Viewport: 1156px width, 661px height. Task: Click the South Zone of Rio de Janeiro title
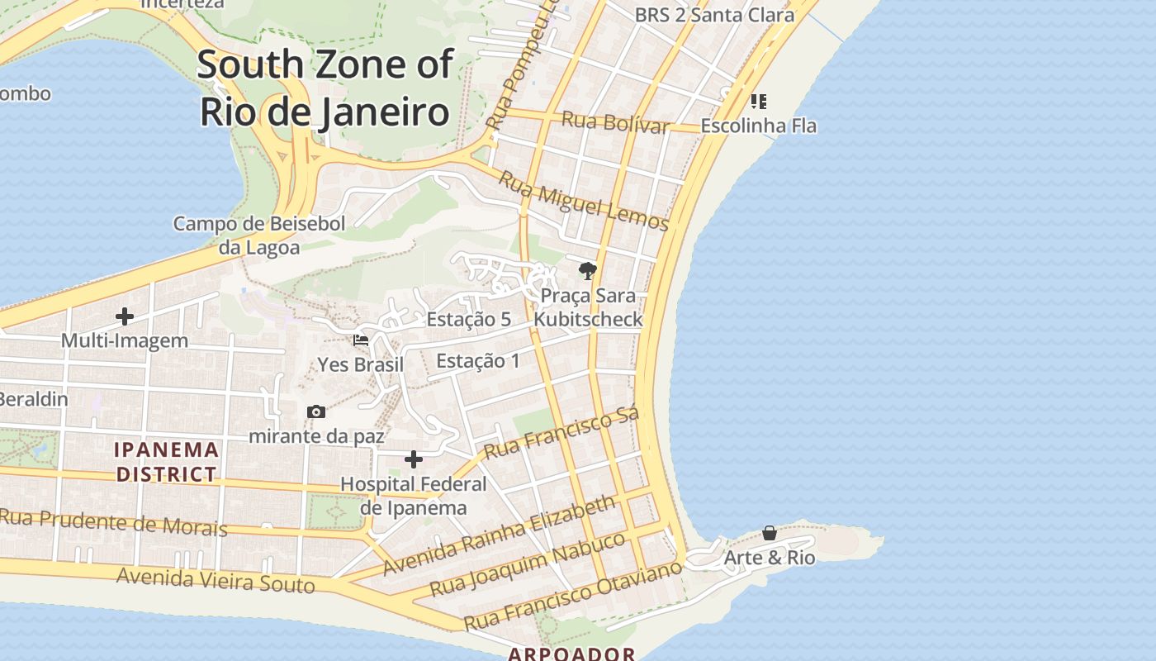(x=325, y=88)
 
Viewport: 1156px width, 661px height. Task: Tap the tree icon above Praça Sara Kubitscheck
(x=587, y=270)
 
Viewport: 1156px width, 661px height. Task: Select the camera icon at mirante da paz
(x=316, y=411)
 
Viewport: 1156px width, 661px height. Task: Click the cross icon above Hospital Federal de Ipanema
(x=414, y=459)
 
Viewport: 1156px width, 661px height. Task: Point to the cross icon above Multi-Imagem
(x=125, y=316)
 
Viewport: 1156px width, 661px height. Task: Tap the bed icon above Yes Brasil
(x=361, y=340)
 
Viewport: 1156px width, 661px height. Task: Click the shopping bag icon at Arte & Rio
(x=770, y=533)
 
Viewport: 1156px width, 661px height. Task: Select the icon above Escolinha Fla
(x=758, y=102)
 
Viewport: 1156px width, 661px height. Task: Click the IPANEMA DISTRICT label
(x=167, y=462)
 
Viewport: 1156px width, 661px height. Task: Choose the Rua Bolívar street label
(x=615, y=123)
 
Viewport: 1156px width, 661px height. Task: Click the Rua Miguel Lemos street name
(x=584, y=200)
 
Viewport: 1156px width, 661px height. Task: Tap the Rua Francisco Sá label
(x=561, y=433)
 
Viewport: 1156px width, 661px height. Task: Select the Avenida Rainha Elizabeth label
(x=500, y=535)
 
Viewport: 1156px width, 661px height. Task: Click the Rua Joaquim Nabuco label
(x=528, y=564)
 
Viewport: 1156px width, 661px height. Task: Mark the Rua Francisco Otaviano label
(x=573, y=594)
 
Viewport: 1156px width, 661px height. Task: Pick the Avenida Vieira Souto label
(x=216, y=580)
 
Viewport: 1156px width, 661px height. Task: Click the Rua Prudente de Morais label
(x=113, y=522)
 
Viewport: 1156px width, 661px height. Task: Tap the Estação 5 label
(x=468, y=319)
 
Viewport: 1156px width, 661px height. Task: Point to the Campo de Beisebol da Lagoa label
(x=259, y=235)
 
